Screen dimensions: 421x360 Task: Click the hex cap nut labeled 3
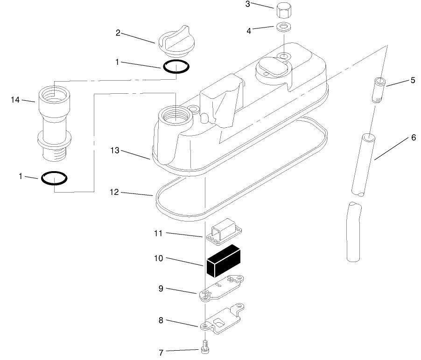point(283,10)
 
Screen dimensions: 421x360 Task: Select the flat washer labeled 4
point(283,27)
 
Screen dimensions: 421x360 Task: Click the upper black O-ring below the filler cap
point(176,67)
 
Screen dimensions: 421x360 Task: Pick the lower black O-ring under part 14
point(54,178)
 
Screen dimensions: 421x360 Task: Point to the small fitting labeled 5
point(379,90)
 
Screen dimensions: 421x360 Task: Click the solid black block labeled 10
point(224,261)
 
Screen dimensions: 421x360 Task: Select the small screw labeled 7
point(205,346)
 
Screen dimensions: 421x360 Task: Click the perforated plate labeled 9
point(222,288)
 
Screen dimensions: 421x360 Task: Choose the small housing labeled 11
point(224,231)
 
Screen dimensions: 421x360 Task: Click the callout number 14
point(15,100)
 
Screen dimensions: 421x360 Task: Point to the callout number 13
point(115,150)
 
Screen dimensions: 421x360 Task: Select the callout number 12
point(114,192)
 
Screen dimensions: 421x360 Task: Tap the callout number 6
point(414,138)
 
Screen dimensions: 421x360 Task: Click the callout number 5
point(413,80)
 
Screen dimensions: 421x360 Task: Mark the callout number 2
point(118,33)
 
